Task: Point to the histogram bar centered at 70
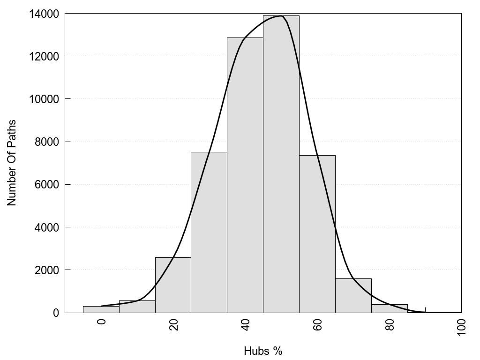pos(353,295)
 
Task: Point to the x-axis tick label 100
pos(461,326)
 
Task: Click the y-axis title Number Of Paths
pos(12,163)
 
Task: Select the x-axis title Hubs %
pos(263,351)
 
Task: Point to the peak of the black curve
pos(281,16)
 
